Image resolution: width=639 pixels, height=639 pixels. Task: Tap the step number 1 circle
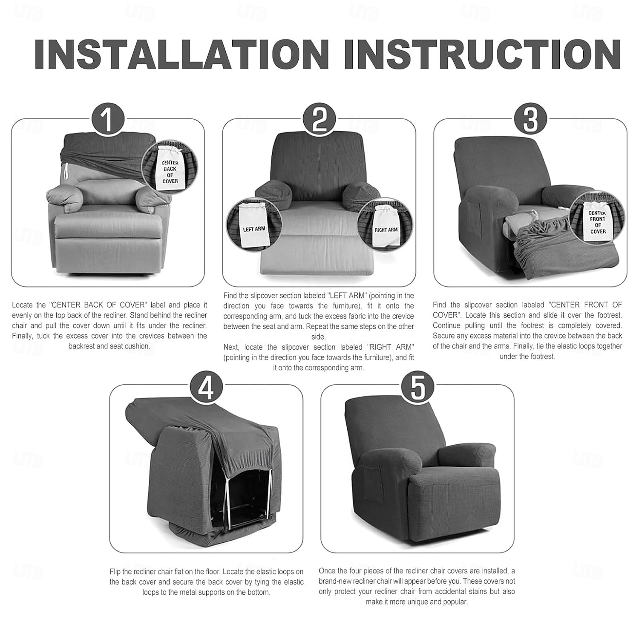pos(108,119)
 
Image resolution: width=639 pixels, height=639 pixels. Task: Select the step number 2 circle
pos(319,119)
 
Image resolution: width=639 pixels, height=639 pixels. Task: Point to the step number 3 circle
pos(530,119)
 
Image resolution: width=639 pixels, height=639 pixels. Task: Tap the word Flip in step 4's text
pos(115,572)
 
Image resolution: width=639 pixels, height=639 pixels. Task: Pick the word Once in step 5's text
pos(327,571)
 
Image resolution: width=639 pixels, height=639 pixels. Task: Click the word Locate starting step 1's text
pos(22,305)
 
